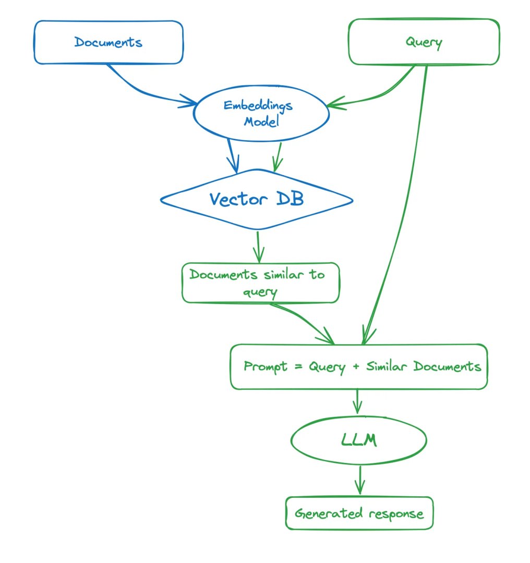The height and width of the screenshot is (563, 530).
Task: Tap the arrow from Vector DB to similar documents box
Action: pyautogui.click(x=258, y=247)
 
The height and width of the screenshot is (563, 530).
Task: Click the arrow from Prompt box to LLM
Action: pyautogui.click(x=357, y=401)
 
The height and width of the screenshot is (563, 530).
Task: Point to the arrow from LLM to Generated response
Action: pyautogui.click(x=360, y=480)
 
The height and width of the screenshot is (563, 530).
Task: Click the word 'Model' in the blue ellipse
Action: pyautogui.click(x=261, y=121)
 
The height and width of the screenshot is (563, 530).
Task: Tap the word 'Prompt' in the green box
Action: pyautogui.click(x=266, y=367)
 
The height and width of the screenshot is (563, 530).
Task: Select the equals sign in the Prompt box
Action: pyautogui.click(x=298, y=366)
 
